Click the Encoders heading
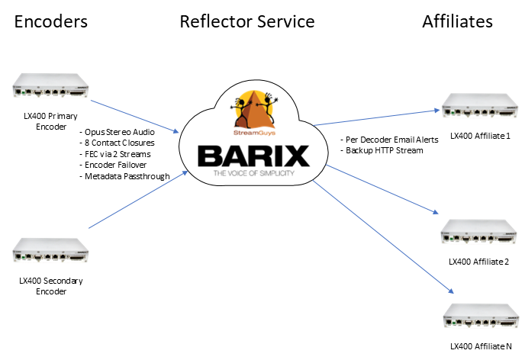[x=51, y=22]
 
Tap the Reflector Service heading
[x=247, y=21]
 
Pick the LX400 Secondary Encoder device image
[x=50, y=251]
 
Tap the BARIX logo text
[x=255, y=157]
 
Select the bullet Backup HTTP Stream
[x=379, y=151]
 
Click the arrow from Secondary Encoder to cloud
[x=137, y=201]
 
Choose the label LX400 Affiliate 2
[x=480, y=262]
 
